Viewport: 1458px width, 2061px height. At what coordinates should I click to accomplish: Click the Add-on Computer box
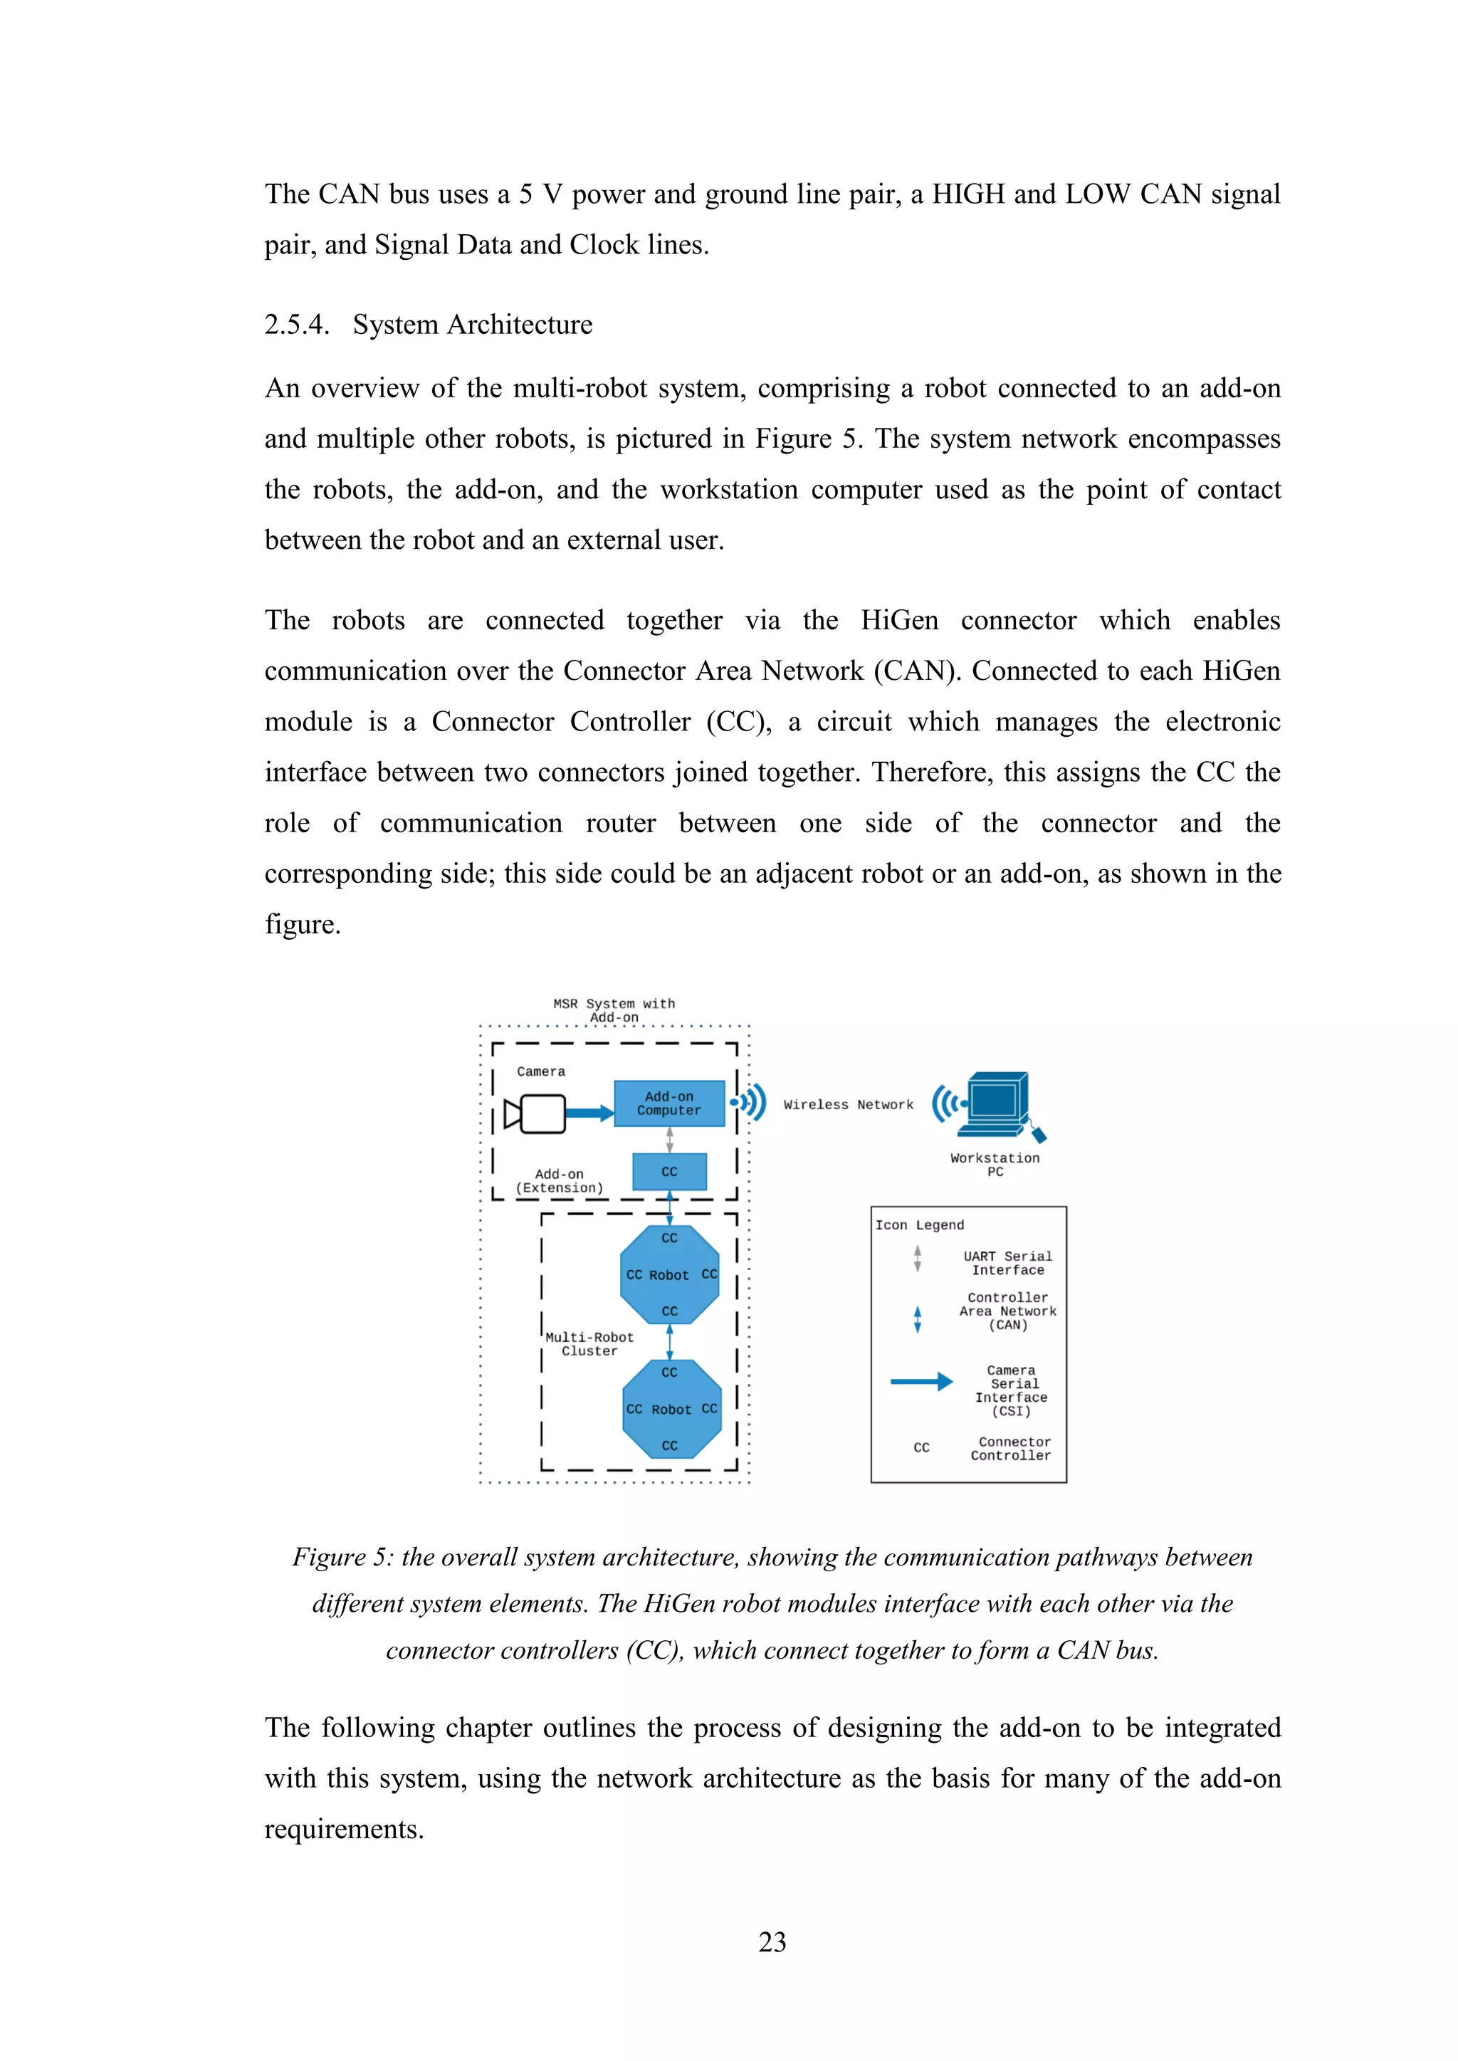point(669,1103)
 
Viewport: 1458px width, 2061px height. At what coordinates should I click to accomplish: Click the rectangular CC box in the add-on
point(669,1171)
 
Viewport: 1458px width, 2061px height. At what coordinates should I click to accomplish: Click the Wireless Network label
point(847,1105)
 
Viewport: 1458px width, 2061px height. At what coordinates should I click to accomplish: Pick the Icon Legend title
point(919,1225)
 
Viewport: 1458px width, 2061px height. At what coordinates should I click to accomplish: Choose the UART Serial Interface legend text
point(1007,1263)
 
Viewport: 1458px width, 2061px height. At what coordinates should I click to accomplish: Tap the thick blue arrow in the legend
point(921,1382)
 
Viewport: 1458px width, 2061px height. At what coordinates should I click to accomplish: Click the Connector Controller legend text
point(1011,1449)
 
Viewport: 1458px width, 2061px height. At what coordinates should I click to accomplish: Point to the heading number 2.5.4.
point(296,325)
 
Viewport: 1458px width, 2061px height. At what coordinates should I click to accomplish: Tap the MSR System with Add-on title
point(614,1009)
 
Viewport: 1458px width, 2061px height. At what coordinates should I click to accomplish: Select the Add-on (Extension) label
point(560,1180)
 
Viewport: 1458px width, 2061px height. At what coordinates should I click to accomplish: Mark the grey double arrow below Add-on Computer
point(670,1139)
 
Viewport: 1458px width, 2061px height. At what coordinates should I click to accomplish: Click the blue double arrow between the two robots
point(670,1342)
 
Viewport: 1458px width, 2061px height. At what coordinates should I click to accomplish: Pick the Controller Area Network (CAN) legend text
point(1007,1311)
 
